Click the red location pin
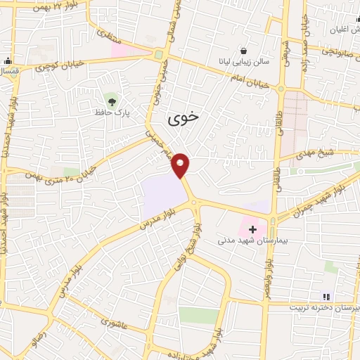coord(181,165)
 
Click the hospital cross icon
coord(252,229)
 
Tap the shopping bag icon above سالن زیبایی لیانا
coord(243,51)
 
